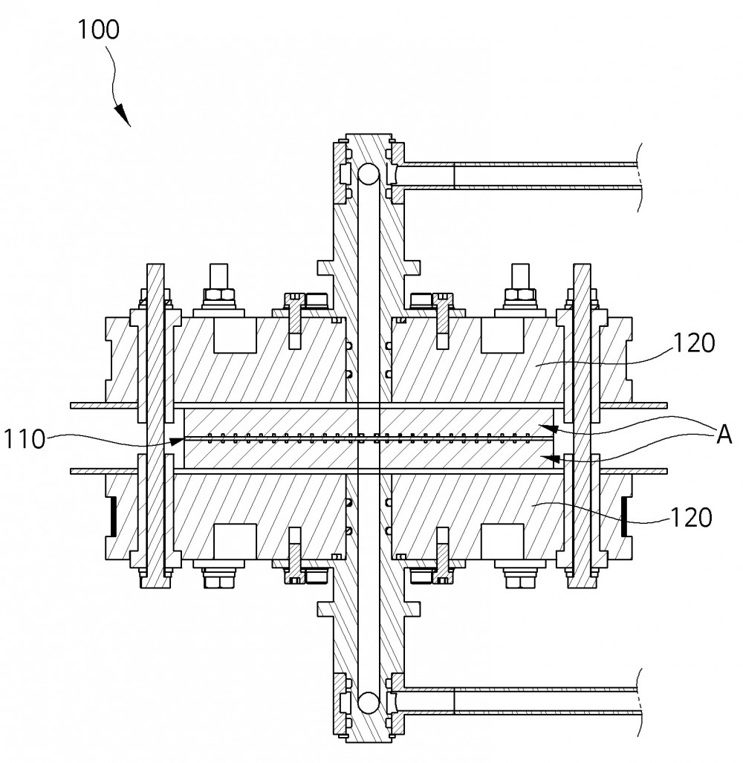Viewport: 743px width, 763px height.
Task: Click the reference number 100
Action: point(98,30)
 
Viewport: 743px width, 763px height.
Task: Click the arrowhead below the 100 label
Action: point(123,114)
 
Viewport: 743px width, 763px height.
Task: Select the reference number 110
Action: point(25,439)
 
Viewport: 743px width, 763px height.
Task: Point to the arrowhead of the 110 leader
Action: point(177,441)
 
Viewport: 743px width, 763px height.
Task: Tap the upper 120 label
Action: point(694,343)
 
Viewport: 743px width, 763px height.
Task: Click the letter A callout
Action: point(724,435)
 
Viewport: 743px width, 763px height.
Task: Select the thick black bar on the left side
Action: point(113,517)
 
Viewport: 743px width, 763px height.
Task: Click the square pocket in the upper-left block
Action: point(235,336)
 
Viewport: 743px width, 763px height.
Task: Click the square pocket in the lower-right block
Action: point(502,542)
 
